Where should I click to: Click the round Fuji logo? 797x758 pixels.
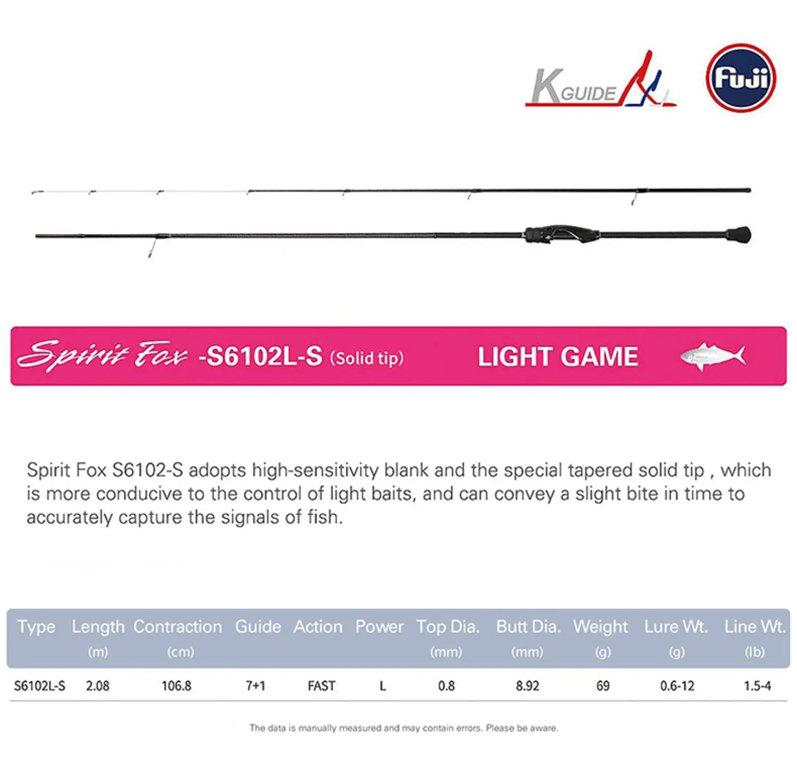click(x=741, y=78)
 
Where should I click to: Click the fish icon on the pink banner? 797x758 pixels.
click(x=713, y=356)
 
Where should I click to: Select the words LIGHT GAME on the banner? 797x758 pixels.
click(x=558, y=357)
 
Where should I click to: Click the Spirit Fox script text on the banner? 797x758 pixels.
click(x=103, y=356)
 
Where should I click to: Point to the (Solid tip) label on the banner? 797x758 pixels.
click(x=367, y=358)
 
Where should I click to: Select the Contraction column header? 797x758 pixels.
click(x=177, y=627)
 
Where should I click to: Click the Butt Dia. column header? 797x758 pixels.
click(x=528, y=627)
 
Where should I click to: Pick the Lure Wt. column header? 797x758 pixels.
click(x=676, y=627)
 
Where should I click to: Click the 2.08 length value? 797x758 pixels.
click(x=97, y=686)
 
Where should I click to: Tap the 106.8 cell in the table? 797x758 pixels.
click(x=176, y=686)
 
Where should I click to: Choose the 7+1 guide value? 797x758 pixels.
click(x=256, y=686)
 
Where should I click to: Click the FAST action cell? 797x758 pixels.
click(x=321, y=686)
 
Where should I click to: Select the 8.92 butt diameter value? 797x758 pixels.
click(x=528, y=686)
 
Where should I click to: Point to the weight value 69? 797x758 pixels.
click(x=603, y=686)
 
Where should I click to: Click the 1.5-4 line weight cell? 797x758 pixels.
click(x=757, y=686)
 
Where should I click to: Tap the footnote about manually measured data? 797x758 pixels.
click(x=404, y=728)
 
